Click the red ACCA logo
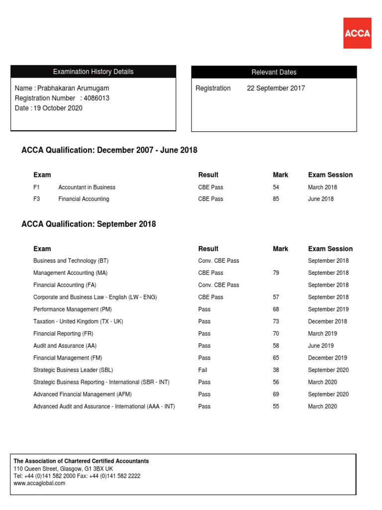pos(357,33)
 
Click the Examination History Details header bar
pos(93,72)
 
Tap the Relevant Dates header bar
pos(274,72)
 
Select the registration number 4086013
pos(96,98)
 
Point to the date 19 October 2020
pos(58,108)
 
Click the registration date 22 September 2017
pos(276,88)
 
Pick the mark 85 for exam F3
pos(276,199)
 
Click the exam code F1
pos(37,187)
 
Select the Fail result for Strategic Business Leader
pos(203,370)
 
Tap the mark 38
pos(276,370)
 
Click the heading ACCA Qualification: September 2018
pos(89,224)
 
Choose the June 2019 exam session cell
pos(321,346)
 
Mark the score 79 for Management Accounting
pos(276,273)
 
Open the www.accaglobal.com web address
pos(39,483)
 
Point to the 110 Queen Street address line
pos(63,469)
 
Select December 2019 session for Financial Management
pos(327,358)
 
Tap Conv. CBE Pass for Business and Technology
pos(218,261)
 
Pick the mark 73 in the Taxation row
pos(276,322)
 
